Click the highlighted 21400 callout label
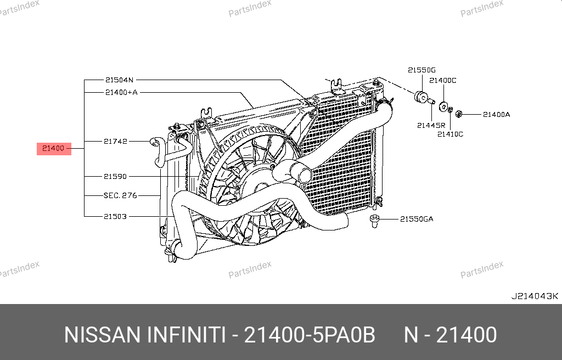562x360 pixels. click(x=54, y=149)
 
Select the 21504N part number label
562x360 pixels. click(x=119, y=80)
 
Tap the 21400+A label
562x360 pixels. click(x=121, y=93)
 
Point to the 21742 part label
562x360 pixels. click(x=115, y=141)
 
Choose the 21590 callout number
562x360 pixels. click(x=115, y=176)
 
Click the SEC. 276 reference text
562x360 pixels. click(x=120, y=195)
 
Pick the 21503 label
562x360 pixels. click(x=115, y=217)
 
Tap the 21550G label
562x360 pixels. click(x=421, y=70)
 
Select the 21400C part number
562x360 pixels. click(x=443, y=80)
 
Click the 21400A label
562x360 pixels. click(x=496, y=115)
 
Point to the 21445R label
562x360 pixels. click(x=431, y=126)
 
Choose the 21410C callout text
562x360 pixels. click(x=450, y=134)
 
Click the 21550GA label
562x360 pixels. click(x=417, y=219)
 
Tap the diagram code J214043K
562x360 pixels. click(x=535, y=296)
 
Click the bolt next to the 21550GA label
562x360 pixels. click(x=374, y=221)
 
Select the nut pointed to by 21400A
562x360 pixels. click(x=458, y=114)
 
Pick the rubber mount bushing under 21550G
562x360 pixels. click(x=421, y=97)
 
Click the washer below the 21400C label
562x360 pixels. click(x=443, y=106)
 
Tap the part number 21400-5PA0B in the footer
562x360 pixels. click(x=310, y=335)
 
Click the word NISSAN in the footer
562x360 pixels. click(x=102, y=335)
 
